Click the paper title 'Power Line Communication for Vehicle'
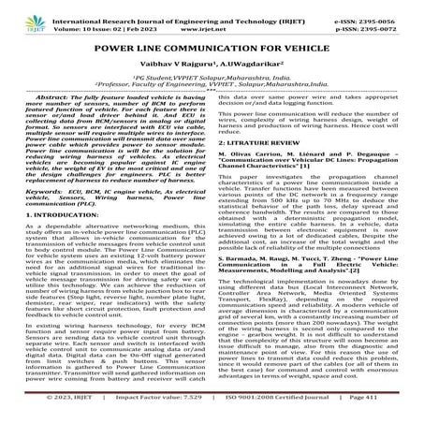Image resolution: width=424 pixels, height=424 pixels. (212, 47)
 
